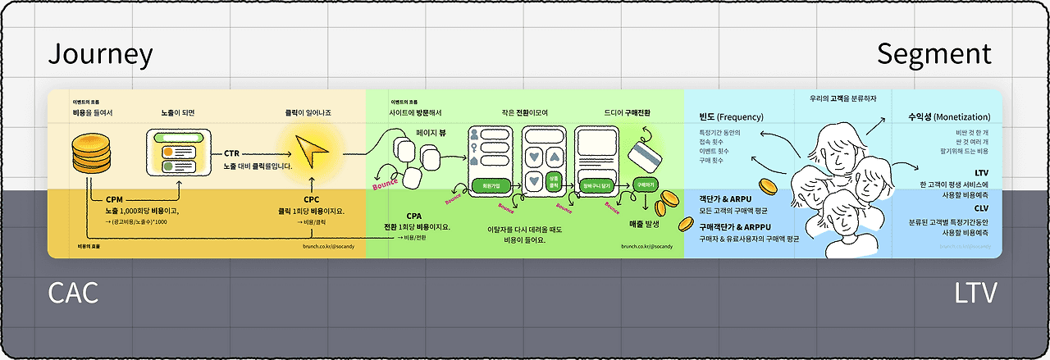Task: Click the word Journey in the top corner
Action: [x=100, y=54]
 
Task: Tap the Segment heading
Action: [x=934, y=54]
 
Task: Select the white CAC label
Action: [x=73, y=293]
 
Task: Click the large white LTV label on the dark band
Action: [x=973, y=293]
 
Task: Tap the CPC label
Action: [x=311, y=199]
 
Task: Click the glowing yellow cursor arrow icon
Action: [x=312, y=152]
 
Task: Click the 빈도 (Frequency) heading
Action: [x=730, y=116]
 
